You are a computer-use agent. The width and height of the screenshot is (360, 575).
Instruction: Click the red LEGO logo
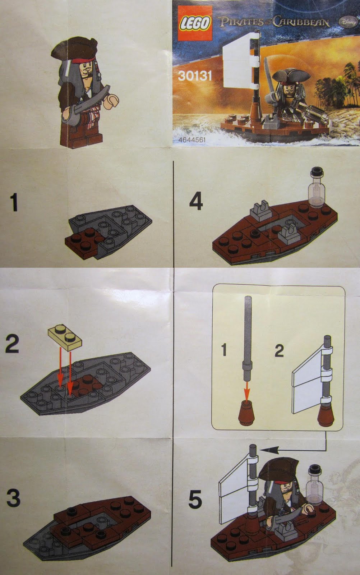coord(195,23)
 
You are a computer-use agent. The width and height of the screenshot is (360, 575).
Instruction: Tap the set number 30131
coord(195,76)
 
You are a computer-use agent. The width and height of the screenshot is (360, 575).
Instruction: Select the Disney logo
coord(348,22)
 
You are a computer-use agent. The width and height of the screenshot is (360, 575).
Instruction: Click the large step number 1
coord(14,203)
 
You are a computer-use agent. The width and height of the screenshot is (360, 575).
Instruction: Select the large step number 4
coord(196,201)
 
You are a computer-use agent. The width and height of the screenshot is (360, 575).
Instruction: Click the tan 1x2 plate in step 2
coord(65,337)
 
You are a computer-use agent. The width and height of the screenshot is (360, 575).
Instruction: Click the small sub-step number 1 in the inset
coord(224,350)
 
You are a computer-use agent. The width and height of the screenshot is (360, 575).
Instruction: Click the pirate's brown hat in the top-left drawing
coord(74,48)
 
